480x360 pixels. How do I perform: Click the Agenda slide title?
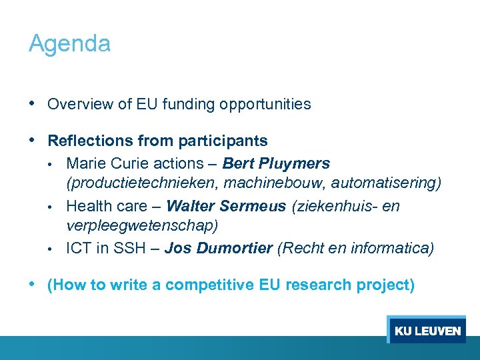click(x=69, y=44)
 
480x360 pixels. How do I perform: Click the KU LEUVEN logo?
click(x=427, y=331)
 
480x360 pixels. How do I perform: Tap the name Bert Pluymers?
click(x=276, y=163)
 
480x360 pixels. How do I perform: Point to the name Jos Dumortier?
click(x=218, y=249)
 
